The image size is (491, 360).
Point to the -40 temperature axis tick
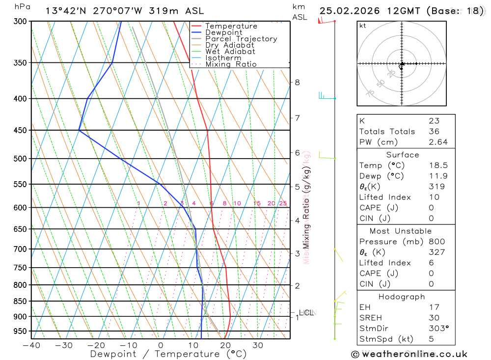(x=31, y=345)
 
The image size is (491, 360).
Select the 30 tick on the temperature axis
(x=258, y=345)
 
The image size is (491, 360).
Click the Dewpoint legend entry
(x=224, y=32)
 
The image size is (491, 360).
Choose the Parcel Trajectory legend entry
(x=241, y=39)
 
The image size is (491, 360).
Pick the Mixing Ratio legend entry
(x=231, y=64)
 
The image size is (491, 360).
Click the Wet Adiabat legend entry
(x=230, y=52)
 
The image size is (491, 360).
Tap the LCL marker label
(x=306, y=312)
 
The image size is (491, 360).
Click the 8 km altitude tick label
(x=297, y=82)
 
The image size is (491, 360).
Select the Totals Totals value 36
(x=434, y=132)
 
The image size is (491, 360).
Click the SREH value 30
(x=434, y=318)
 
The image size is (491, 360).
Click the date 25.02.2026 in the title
(x=349, y=11)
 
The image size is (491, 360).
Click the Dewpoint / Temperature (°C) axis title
(x=168, y=354)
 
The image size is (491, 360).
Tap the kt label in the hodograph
(x=363, y=26)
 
